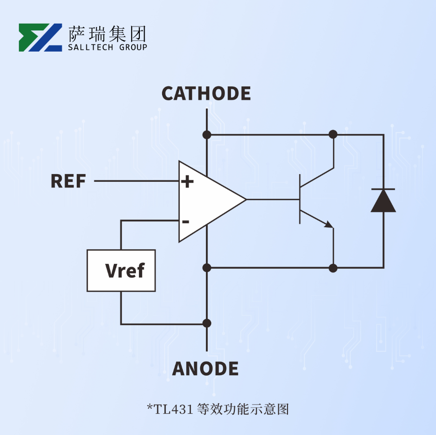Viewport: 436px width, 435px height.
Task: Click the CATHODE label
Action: (x=206, y=93)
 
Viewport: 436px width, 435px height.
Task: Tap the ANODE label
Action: (x=205, y=369)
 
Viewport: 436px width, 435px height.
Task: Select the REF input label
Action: (x=68, y=181)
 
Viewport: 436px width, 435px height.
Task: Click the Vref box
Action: (x=121, y=271)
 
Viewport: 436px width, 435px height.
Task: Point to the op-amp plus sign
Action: (x=187, y=182)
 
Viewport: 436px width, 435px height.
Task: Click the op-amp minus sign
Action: (x=186, y=222)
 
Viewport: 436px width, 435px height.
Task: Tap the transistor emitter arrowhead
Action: (x=329, y=224)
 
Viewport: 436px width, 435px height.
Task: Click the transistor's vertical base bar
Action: (x=300, y=199)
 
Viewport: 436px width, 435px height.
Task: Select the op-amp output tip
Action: (x=245, y=199)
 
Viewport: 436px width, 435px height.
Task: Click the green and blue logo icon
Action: (x=41, y=37)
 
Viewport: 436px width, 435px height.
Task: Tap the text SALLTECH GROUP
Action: (x=107, y=47)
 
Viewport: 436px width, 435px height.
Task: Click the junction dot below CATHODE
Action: (x=207, y=135)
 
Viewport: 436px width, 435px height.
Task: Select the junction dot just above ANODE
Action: (x=207, y=323)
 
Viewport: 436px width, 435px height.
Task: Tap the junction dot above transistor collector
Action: (x=333, y=135)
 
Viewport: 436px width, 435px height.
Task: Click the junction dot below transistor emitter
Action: (x=333, y=268)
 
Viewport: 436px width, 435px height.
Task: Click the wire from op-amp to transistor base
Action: (x=272, y=199)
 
